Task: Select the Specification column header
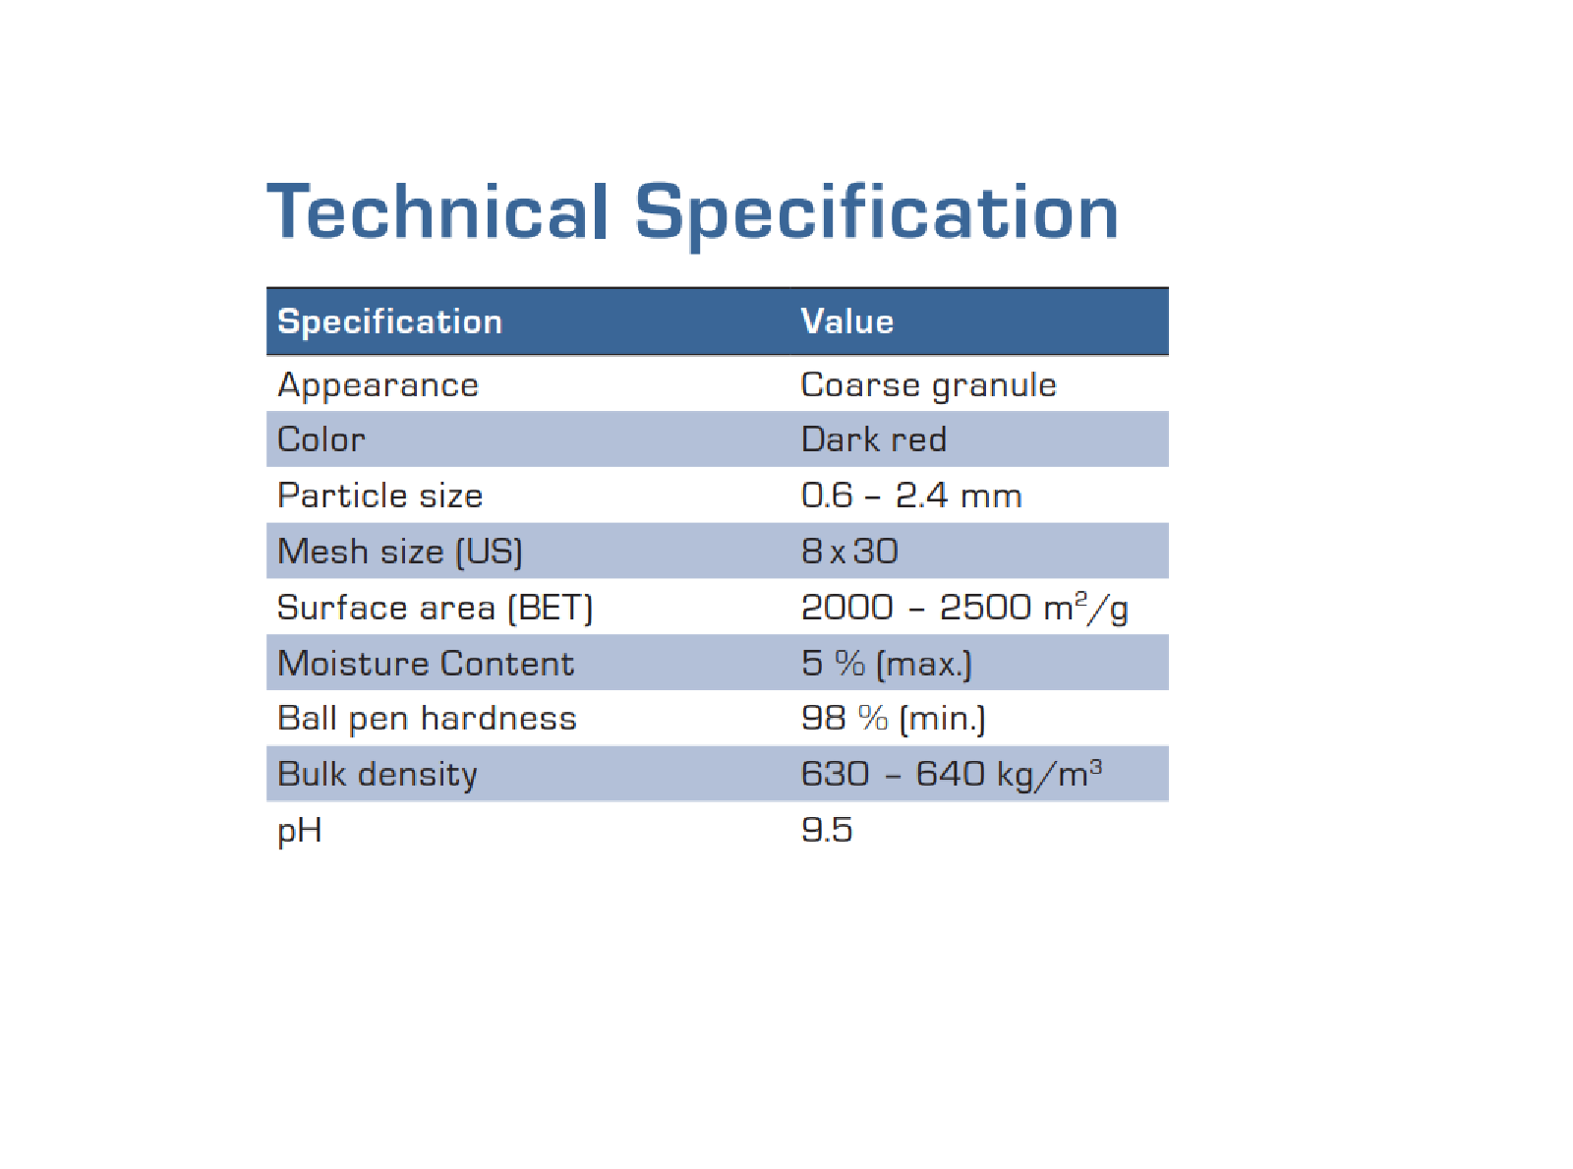pyautogui.click(x=389, y=321)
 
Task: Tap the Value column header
pyautogui.click(x=846, y=321)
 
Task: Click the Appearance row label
pyautogui.click(x=378, y=384)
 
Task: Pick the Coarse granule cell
pyautogui.click(x=928, y=384)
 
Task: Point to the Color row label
pyautogui.click(x=320, y=439)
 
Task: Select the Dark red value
pyautogui.click(x=873, y=439)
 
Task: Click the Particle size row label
pyautogui.click(x=379, y=496)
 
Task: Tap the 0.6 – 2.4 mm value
pyautogui.click(x=910, y=496)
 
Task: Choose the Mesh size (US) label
pyautogui.click(x=399, y=552)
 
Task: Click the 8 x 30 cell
pyautogui.click(x=849, y=552)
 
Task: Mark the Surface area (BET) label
pyautogui.click(x=435, y=608)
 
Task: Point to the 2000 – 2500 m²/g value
pyautogui.click(x=963, y=608)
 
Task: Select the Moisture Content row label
pyautogui.click(x=425, y=664)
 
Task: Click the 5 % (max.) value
pyautogui.click(x=886, y=664)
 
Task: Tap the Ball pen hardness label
pyautogui.click(x=427, y=719)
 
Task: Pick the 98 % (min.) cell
pyautogui.click(x=893, y=719)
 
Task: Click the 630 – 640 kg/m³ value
pyautogui.click(x=951, y=774)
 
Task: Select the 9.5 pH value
pyautogui.click(x=826, y=830)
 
